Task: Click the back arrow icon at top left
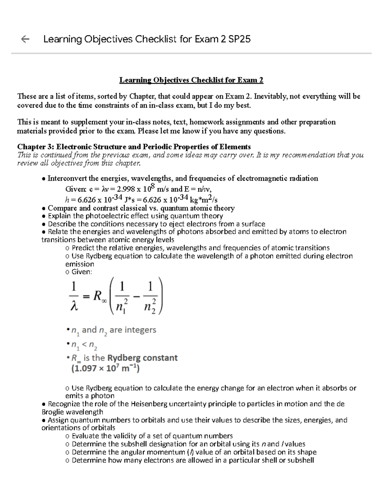point(25,39)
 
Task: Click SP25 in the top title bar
point(240,39)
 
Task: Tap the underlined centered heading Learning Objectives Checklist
point(191,80)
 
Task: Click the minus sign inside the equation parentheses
point(137,297)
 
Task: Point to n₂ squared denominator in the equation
point(150,306)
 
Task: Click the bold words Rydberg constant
point(142,358)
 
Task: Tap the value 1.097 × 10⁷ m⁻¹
point(105,369)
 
